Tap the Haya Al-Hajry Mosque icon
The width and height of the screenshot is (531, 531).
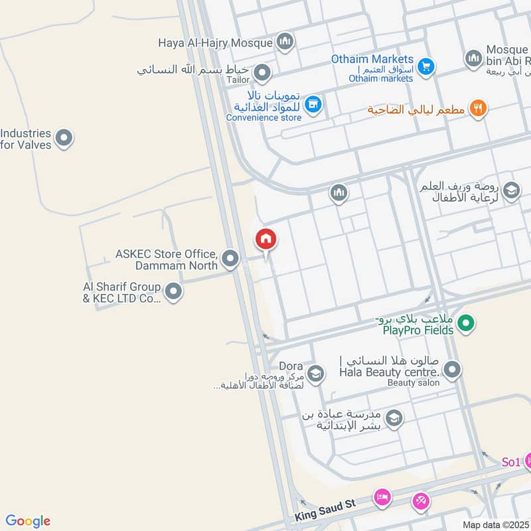[x=285, y=42]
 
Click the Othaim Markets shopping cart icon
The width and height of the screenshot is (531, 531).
[x=427, y=66]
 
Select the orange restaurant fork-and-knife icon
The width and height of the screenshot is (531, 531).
[x=478, y=108]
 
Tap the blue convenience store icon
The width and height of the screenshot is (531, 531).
[x=313, y=104]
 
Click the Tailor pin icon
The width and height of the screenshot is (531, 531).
[x=262, y=72]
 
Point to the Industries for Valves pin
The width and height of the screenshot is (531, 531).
[x=64, y=138]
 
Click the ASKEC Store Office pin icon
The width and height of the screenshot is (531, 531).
[x=230, y=258]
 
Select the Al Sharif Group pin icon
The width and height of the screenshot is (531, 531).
[x=173, y=291]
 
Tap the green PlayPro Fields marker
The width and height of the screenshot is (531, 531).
[x=467, y=324]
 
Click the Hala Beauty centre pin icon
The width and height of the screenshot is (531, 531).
[x=453, y=369]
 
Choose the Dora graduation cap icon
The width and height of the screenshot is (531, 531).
[x=315, y=374]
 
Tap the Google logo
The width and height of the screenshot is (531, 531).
[x=28, y=521]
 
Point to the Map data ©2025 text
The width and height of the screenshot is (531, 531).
[x=496, y=524]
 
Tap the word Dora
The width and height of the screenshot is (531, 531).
[x=291, y=366]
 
